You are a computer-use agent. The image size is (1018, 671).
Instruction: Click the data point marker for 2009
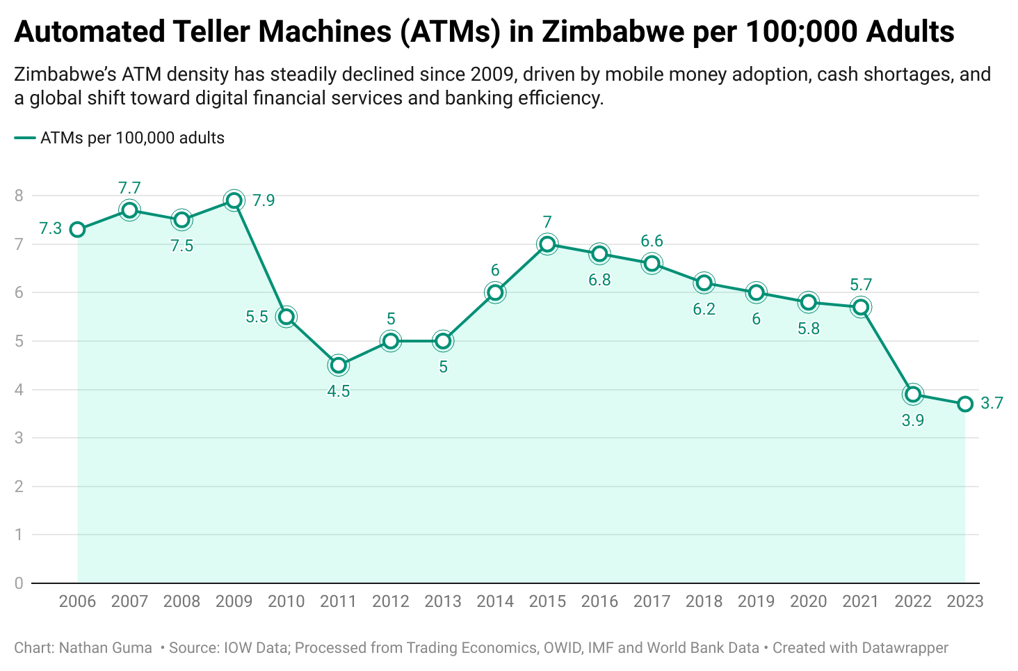(x=234, y=200)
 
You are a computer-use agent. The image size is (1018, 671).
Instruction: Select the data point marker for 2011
(x=339, y=365)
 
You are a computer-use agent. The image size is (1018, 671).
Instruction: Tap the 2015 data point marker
(x=547, y=244)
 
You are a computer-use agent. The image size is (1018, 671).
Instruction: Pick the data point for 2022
(x=913, y=395)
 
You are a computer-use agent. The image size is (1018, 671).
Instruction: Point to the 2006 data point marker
(x=77, y=230)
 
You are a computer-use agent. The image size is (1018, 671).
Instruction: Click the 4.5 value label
(x=339, y=391)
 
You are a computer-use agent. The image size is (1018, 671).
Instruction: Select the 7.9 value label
(x=264, y=200)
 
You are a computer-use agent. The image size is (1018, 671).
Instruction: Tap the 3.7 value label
(x=992, y=403)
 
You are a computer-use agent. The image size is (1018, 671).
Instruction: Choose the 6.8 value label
(x=599, y=280)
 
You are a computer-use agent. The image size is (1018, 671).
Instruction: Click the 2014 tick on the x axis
(x=495, y=601)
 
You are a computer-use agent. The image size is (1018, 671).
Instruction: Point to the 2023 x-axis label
(x=965, y=601)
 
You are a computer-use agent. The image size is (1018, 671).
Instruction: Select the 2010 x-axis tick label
(x=286, y=601)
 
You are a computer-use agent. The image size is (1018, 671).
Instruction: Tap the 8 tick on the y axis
(x=19, y=196)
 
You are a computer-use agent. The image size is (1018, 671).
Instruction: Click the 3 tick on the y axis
(x=19, y=438)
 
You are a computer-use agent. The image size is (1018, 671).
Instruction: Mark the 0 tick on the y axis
(x=19, y=583)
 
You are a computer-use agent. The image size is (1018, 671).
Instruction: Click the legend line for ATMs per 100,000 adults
(x=24, y=138)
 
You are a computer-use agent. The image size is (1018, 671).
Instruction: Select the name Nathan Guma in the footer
(x=106, y=648)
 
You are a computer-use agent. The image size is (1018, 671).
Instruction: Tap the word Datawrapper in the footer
(x=905, y=648)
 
